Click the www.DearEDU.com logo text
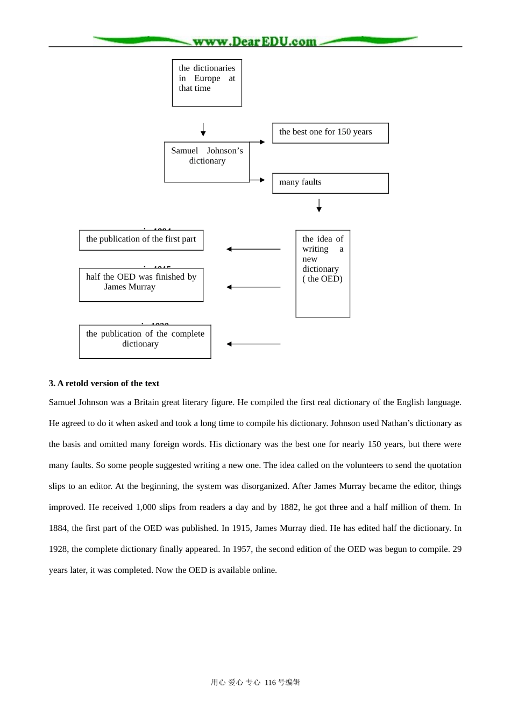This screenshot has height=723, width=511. coord(254,41)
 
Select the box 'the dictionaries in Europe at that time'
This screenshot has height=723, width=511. coord(207,83)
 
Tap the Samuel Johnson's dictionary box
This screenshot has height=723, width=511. coord(207,161)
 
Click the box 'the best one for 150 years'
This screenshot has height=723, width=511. coord(330,133)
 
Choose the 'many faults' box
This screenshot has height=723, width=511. coord(330,183)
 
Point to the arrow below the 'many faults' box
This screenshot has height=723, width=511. coord(319,205)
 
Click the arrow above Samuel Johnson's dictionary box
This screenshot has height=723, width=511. coord(203,130)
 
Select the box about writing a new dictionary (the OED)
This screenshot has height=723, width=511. coord(323,273)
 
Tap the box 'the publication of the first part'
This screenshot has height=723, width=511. coord(141,240)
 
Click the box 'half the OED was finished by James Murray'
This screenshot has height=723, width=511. coord(141,285)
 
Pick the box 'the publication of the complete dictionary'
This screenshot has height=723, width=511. coord(145,342)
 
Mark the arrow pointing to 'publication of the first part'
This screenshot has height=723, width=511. coord(253,249)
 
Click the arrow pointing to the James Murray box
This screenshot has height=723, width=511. coord(253,287)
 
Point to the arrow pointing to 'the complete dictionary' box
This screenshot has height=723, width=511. coord(253,344)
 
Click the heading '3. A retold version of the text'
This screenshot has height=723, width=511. coord(104,384)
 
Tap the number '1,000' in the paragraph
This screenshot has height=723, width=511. coord(146,507)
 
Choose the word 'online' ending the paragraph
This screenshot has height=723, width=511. coord(262,570)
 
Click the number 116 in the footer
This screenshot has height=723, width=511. coord(270,683)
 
